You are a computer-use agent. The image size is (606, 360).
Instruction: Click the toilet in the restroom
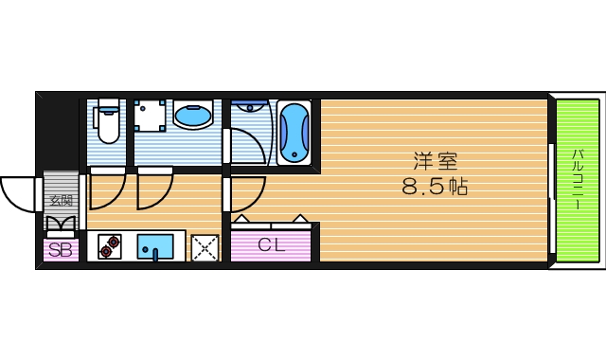click(108, 123)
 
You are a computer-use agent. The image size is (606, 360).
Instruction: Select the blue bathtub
click(294, 134)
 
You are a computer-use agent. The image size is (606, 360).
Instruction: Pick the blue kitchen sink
click(155, 246)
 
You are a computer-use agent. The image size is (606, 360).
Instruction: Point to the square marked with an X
click(205, 247)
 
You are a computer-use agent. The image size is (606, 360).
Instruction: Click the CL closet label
click(271, 243)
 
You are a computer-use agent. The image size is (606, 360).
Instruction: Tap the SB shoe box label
click(60, 251)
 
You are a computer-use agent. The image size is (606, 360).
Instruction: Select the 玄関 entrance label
click(61, 200)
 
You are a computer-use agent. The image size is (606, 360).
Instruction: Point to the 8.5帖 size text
click(436, 187)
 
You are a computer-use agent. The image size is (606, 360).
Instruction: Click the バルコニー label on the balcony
click(576, 180)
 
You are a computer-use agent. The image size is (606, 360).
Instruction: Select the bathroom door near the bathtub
click(248, 142)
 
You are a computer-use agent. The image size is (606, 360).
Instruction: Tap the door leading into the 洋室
click(242, 195)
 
